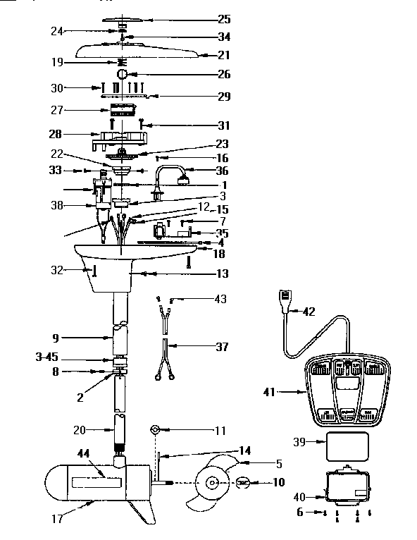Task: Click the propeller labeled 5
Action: click(215, 484)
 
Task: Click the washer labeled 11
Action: click(156, 429)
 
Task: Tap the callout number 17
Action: click(56, 519)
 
